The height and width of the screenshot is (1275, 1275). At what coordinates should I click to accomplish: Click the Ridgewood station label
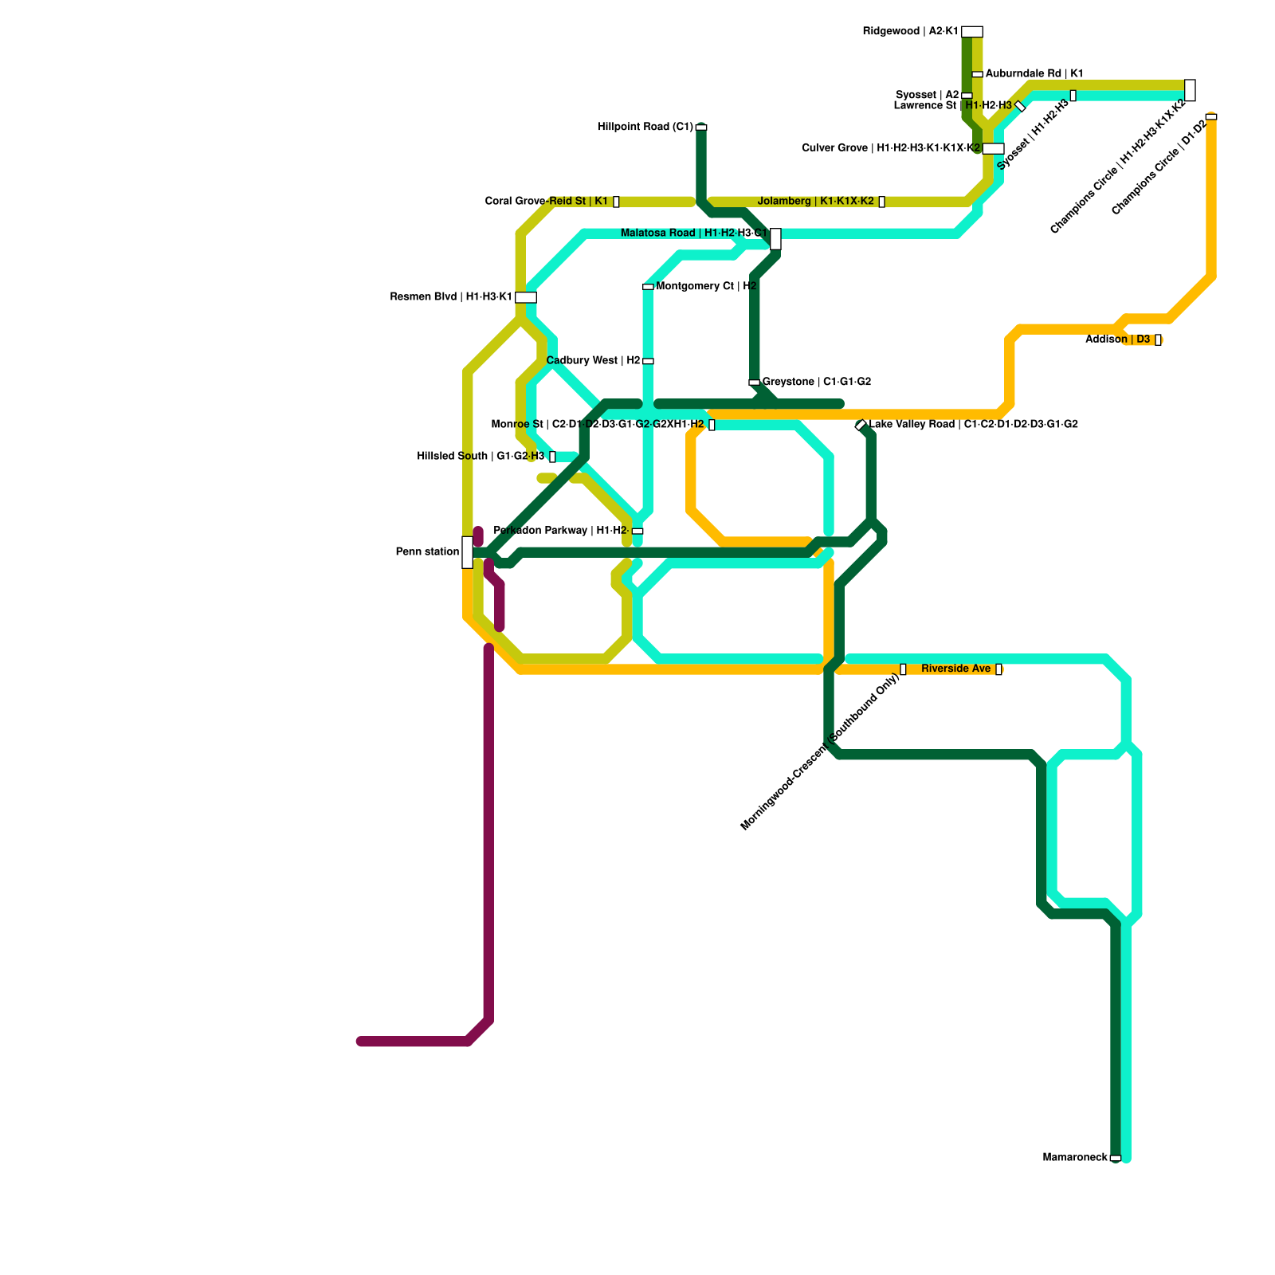pyautogui.click(x=910, y=32)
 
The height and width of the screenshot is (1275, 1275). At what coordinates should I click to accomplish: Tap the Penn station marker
pyautogui.click(x=467, y=552)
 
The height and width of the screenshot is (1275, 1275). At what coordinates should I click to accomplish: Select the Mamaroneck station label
pyautogui.click(x=1075, y=1158)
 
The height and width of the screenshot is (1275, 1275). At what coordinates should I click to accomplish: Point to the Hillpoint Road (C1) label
pyautogui.click(x=645, y=127)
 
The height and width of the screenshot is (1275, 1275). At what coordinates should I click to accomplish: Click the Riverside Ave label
pyautogui.click(x=955, y=669)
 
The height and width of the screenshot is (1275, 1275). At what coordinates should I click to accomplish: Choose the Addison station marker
pyautogui.click(x=1158, y=340)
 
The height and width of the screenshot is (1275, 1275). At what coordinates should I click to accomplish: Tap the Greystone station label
pyautogui.click(x=817, y=382)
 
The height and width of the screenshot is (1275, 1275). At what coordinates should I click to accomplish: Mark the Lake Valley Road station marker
pyautogui.click(x=861, y=426)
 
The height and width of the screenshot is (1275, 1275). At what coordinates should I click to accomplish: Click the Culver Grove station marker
pyautogui.click(x=993, y=148)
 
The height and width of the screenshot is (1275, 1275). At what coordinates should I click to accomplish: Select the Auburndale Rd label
pyautogui.click(x=1034, y=74)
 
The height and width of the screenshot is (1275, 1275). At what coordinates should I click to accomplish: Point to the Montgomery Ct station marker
pyautogui.click(x=648, y=287)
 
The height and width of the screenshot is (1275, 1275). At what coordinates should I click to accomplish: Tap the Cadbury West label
pyautogui.click(x=593, y=361)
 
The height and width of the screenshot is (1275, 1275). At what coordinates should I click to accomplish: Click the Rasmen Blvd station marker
pyautogui.click(x=525, y=297)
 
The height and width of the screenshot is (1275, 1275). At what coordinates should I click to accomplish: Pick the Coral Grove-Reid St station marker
pyautogui.click(x=616, y=202)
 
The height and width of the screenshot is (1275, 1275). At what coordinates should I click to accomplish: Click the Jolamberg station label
pyautogui.click(x=816, y=202)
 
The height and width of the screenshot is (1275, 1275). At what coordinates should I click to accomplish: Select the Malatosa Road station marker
pyautogui.click(x=775, y=238)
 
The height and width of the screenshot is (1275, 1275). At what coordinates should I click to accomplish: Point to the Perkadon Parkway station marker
pyautogui.click(x=637, y=531)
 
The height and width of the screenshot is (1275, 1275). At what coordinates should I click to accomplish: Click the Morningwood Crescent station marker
pyautogui.click(x=903, y=669)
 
